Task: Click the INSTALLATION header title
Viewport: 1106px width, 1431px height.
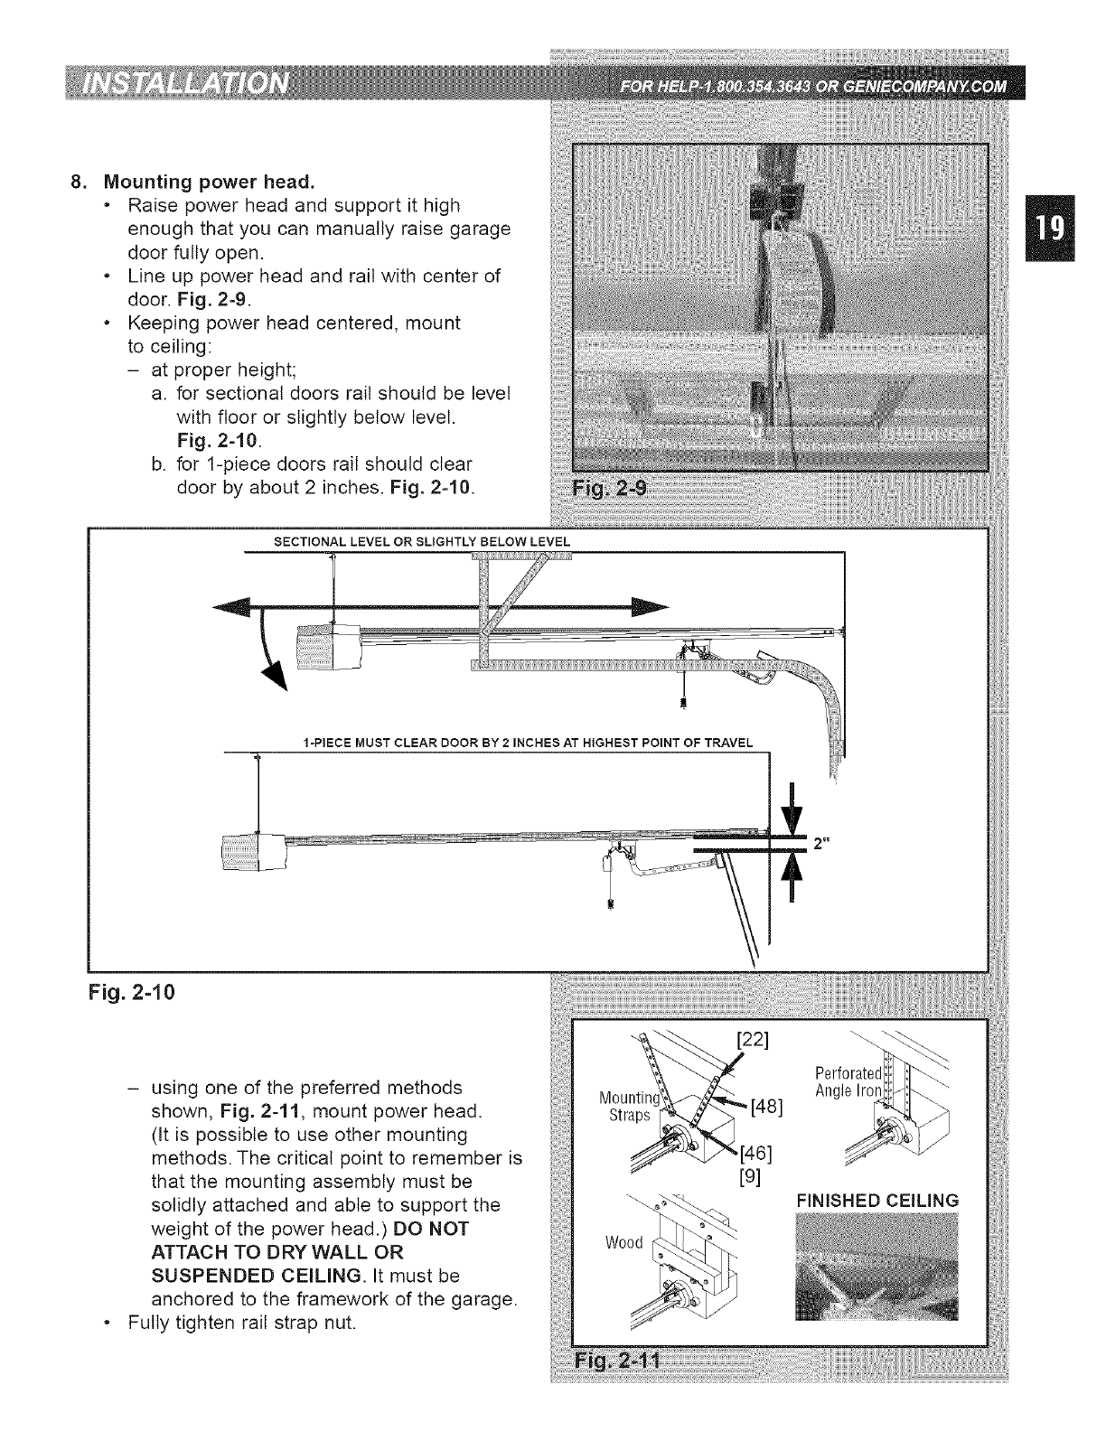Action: (185, 88)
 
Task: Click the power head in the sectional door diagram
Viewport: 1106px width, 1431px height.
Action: (328, 647)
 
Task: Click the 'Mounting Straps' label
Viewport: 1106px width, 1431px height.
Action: (623, 1106)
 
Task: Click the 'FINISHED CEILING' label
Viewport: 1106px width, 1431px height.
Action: (876, 1201)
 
